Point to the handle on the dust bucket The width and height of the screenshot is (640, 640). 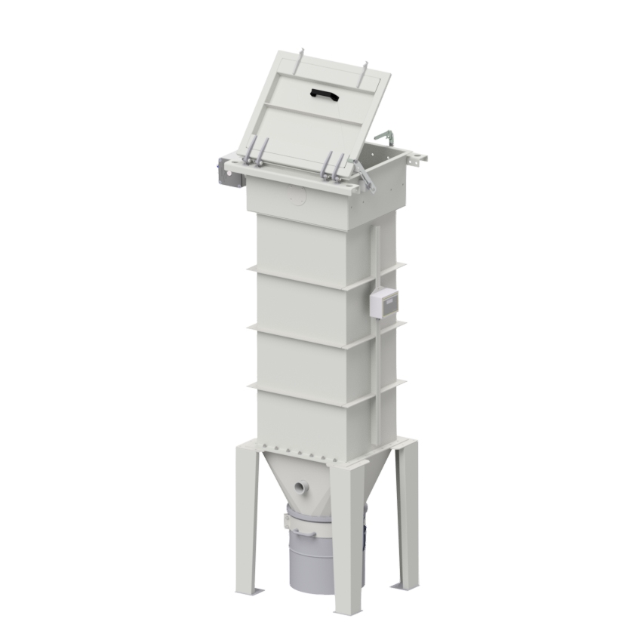pos(306,531)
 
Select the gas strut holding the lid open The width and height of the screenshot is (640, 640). pos(365,177)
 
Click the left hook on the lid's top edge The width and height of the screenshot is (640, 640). pos(301,57)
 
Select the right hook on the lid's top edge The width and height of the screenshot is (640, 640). pos(366,69)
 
